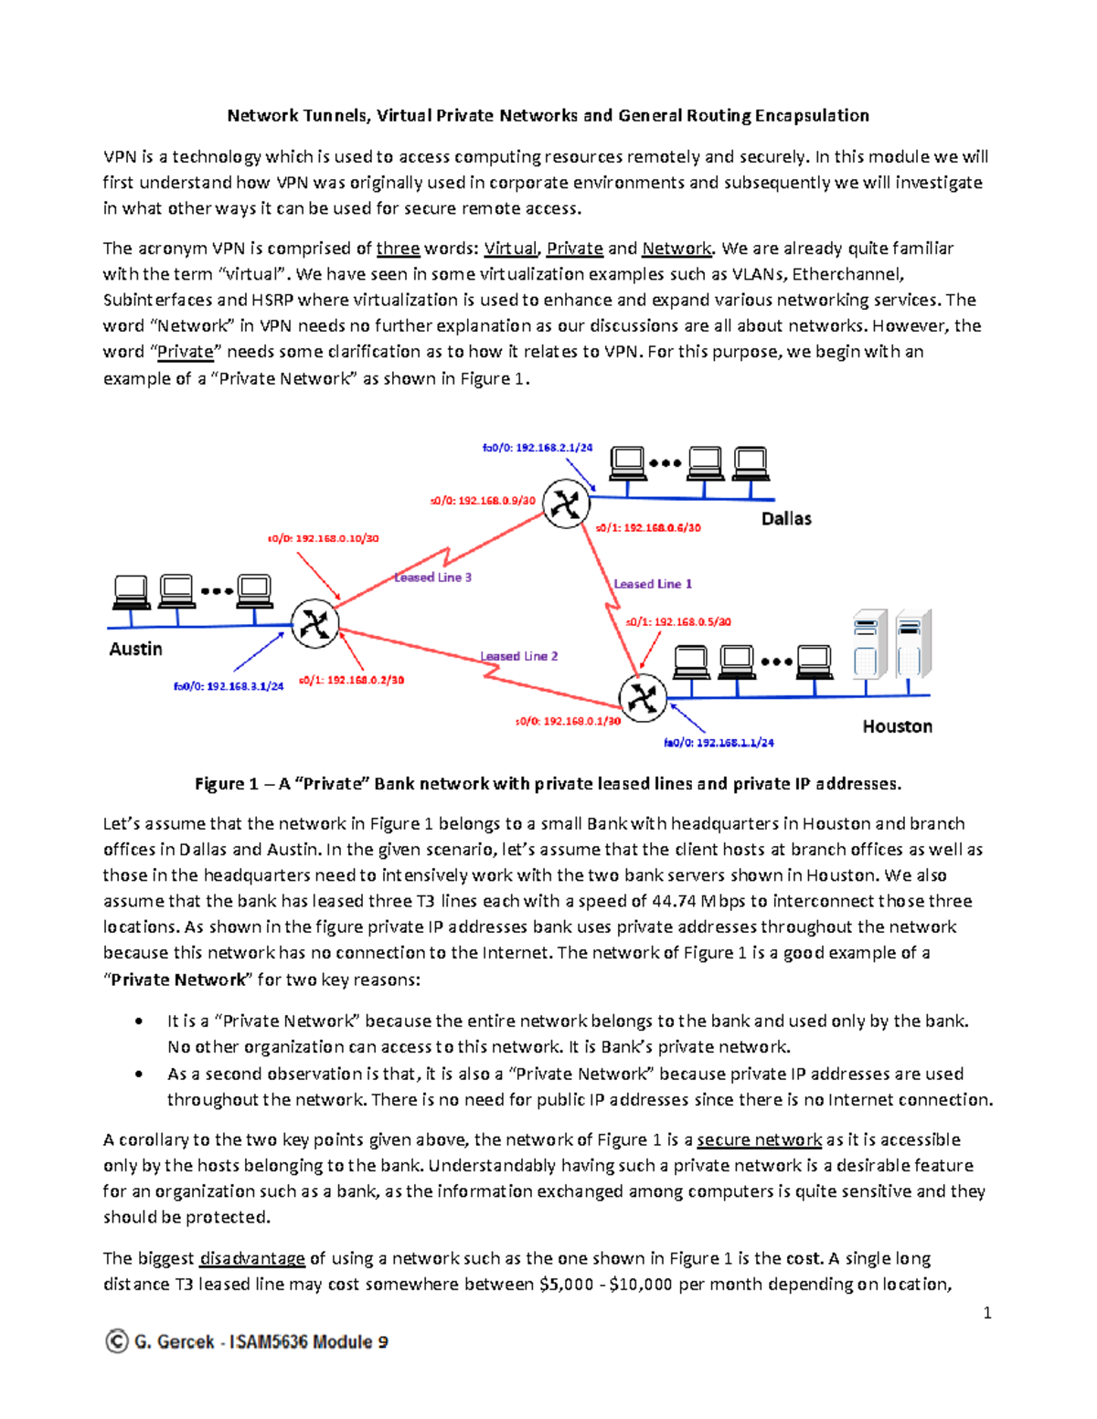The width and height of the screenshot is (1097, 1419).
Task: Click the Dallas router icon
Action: tap(566, 503)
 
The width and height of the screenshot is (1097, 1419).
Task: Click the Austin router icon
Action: tap(315, 624)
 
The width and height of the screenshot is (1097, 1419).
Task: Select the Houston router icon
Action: tap(643, 698)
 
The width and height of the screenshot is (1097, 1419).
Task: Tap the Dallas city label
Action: tap(786, 519)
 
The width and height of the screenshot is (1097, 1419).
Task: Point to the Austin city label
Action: tap(135, 649)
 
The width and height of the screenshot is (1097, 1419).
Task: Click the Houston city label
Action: tap(897, 726)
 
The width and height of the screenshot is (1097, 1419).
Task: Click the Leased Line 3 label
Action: tap(433, 577)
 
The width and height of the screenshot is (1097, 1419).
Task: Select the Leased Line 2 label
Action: tap(519, 656)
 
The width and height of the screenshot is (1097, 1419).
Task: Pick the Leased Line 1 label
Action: tap(653, 584)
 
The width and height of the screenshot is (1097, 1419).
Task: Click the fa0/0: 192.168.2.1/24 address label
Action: tap(538, 448)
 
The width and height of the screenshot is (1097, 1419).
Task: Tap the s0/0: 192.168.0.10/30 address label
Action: tap(323, 538)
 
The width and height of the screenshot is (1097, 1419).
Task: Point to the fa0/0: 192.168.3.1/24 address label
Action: tap(229, 686)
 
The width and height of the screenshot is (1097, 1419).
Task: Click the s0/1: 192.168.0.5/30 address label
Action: tap(678, 622)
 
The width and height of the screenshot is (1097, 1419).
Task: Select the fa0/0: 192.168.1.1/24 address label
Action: tap(719, 743)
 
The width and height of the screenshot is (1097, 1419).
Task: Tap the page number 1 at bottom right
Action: tap(987, 1313)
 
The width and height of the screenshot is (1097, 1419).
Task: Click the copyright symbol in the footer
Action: tap(116, 1341)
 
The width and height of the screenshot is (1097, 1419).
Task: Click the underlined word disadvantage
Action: tap(252, 1258)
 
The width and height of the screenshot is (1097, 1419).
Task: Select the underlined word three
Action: tap(398, 249)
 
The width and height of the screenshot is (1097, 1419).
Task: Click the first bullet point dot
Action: tap(138, 1022)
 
